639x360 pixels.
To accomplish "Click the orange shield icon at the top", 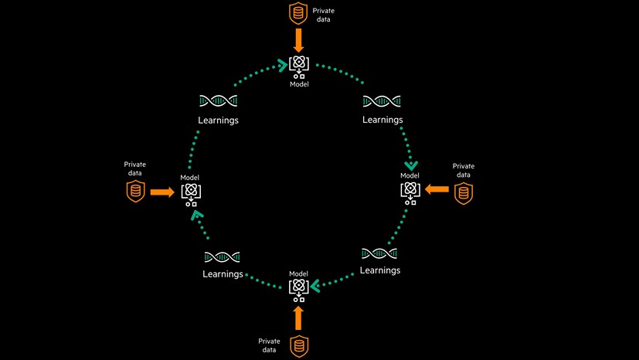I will click(298, 12).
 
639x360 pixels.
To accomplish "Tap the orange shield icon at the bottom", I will click(298, 346).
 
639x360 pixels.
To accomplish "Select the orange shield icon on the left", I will click(135, 191).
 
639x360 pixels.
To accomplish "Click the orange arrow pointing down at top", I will click(298, 38).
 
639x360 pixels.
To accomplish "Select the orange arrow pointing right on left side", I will click(161, 191).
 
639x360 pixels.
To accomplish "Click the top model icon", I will click(299, 67).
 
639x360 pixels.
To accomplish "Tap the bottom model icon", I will click(298, 288).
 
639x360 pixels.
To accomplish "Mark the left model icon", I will click(190, 193).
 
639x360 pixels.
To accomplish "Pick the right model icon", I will click(410, 192).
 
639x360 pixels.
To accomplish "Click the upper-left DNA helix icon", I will click(218, 101).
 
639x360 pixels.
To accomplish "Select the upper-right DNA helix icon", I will click(382, 101).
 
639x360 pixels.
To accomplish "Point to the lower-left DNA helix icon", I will click(222, 256).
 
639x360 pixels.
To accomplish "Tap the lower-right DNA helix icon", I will click(379, 253).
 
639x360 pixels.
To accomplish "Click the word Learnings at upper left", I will click(218, 121).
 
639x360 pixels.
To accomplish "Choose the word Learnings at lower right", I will click(379, 270).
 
